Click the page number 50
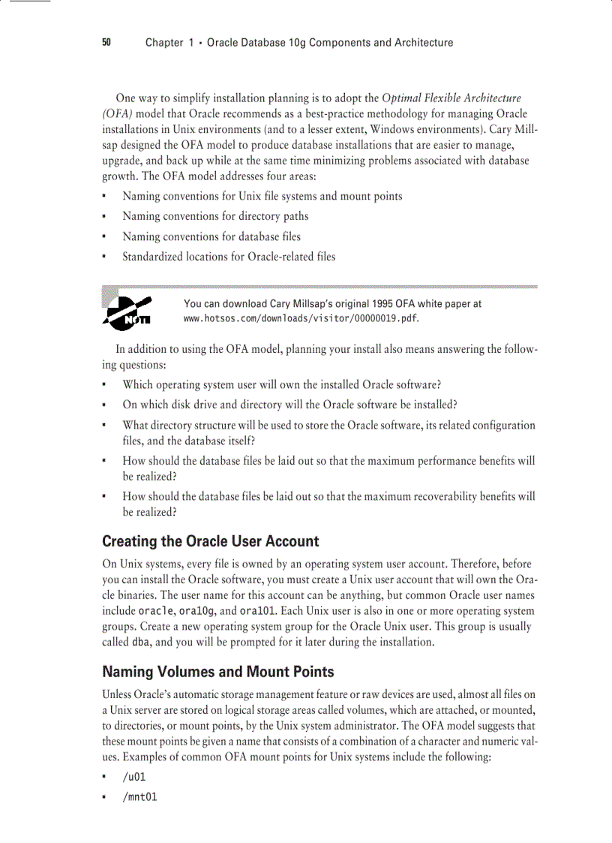106,43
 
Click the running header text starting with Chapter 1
298,43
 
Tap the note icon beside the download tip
128,312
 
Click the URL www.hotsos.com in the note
301,318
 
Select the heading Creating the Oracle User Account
210,541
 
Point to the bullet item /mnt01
139,796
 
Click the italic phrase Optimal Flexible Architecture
451,98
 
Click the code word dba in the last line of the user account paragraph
140,643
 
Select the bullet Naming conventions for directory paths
215,216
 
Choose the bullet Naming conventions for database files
211,236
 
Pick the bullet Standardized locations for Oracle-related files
229,257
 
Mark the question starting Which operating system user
281,385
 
